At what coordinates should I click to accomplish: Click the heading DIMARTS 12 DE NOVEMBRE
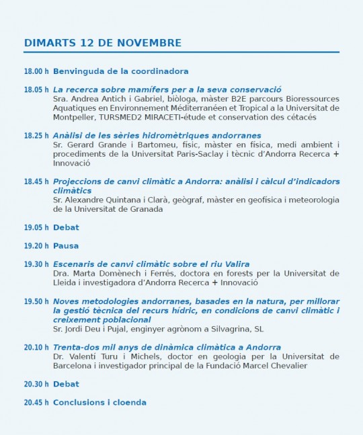click(103, 43)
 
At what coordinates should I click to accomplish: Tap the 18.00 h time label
click(36, 71)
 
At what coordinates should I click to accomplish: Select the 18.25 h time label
click(36, 136)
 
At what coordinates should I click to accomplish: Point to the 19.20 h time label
click(36, 246)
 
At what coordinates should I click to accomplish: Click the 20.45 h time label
click(36, 403)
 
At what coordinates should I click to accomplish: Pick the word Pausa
click(66, 246)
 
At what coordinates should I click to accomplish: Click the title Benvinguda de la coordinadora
click(120, 71)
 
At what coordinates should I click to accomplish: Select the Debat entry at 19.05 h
click(66, 228)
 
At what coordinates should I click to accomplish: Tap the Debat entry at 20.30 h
click(66, 385)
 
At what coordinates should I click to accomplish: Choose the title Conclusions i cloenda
click(99, 403)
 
